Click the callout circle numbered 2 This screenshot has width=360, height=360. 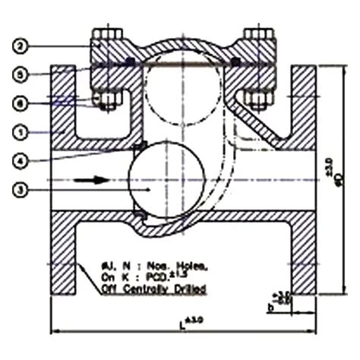pyautogui.click(x=21, y=46)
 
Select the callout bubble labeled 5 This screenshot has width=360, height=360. pyautogui.click(x=21, y=75)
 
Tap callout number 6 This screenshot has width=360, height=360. pyautogui.click(x=21, y=103)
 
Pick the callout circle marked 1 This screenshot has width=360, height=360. pyautogui.click(x=21, y=131)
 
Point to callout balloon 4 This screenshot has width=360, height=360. pyautogui.click(x=21, y=160)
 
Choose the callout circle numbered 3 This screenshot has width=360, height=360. pyautogui.click(x=21, y=189)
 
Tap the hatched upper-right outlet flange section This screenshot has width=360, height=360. pyautogui.click(x=304, y=106)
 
